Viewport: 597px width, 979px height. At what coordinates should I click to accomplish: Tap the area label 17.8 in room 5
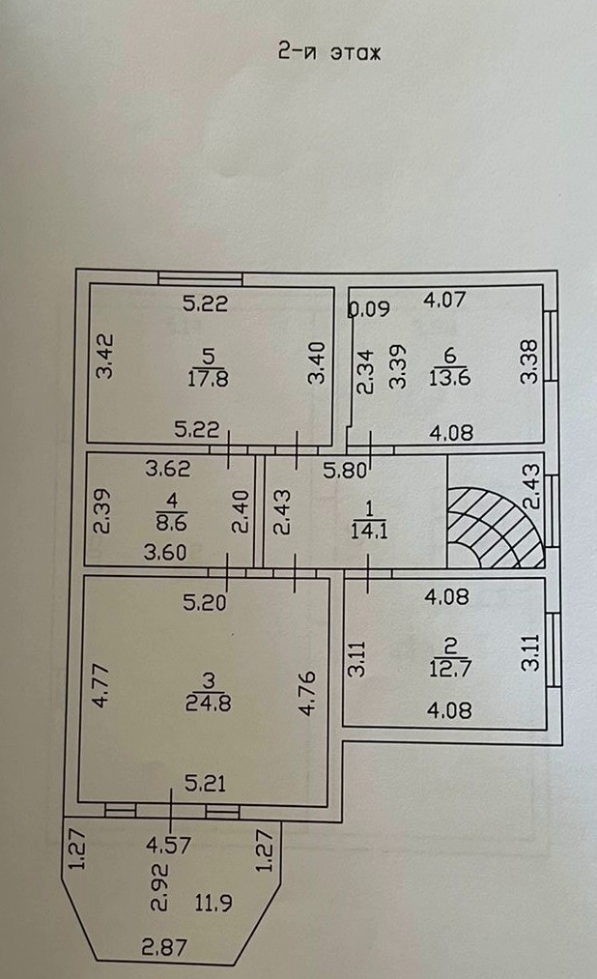pos(208,379)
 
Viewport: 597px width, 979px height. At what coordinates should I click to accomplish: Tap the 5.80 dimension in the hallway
pos(344,473)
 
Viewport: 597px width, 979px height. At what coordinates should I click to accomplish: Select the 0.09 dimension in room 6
pos(368,310)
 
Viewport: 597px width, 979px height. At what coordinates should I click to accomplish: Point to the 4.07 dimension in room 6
pos(444,300)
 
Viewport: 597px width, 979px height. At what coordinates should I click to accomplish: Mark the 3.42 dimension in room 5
pos(107,355)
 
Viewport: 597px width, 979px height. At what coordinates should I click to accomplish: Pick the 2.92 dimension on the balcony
pos(160,892)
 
